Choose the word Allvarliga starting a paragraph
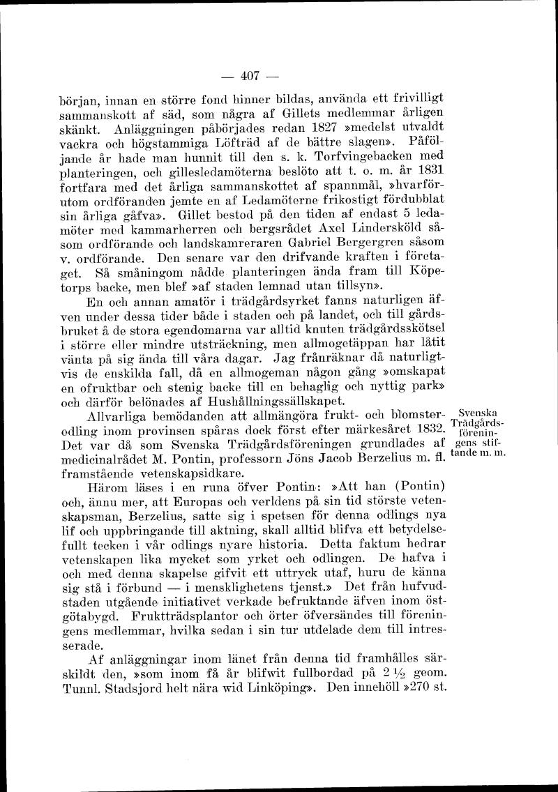point(130,416)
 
